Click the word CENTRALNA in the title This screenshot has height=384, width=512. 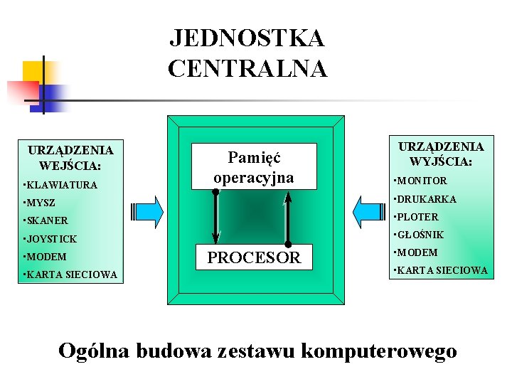(247, 69)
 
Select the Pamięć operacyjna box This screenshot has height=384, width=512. (253, 167)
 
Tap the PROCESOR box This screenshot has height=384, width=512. (254, 257)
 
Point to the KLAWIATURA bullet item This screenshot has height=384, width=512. (61, 185)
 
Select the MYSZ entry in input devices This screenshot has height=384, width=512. (40, 203)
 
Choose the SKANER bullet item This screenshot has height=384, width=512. (46, 221)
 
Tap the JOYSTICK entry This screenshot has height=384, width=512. (50, 239)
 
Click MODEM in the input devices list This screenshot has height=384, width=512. (46, 257)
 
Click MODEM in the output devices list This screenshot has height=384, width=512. (418, 252)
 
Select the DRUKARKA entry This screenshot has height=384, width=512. (426, 199)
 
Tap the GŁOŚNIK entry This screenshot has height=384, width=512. (420, 235)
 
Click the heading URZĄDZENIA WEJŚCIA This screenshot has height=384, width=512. (70, 158)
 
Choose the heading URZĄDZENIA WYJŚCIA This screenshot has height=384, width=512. (440, 154)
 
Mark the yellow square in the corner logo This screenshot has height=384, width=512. (33, 71)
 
